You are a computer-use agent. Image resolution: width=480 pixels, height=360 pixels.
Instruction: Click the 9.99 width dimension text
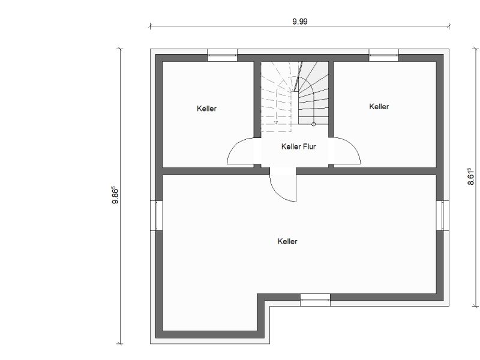(299, 22)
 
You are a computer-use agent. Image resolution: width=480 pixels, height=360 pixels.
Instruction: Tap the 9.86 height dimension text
(115, 195)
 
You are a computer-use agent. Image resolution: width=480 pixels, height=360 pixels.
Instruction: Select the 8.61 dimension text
(471, 176)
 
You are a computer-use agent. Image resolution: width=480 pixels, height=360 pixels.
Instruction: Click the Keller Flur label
(298, 146)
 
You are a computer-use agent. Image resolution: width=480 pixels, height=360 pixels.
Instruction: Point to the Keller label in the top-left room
(206, 109)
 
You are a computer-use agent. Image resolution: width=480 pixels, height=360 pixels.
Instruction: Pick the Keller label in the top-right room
(379, 107)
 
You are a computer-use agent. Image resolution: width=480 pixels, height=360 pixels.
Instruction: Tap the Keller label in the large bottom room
(287, 241)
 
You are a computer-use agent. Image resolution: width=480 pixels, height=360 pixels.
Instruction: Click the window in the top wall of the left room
(222, 55)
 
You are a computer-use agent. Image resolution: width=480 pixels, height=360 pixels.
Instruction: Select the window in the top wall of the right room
(383, 55)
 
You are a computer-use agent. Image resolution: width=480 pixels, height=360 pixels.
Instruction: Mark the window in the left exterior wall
(157, 215)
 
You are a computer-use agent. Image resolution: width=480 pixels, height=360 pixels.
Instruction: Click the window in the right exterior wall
(443, 215)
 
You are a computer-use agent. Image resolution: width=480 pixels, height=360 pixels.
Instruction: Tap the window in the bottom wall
(315, 300)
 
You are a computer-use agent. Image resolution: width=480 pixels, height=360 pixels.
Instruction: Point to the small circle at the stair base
(313, 124)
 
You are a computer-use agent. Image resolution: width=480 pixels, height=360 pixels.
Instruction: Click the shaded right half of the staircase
(313, 93)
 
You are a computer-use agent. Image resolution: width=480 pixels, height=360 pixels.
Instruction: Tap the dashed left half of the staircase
(276, 97)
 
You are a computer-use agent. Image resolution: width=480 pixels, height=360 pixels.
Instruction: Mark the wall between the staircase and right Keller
(331, 100)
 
